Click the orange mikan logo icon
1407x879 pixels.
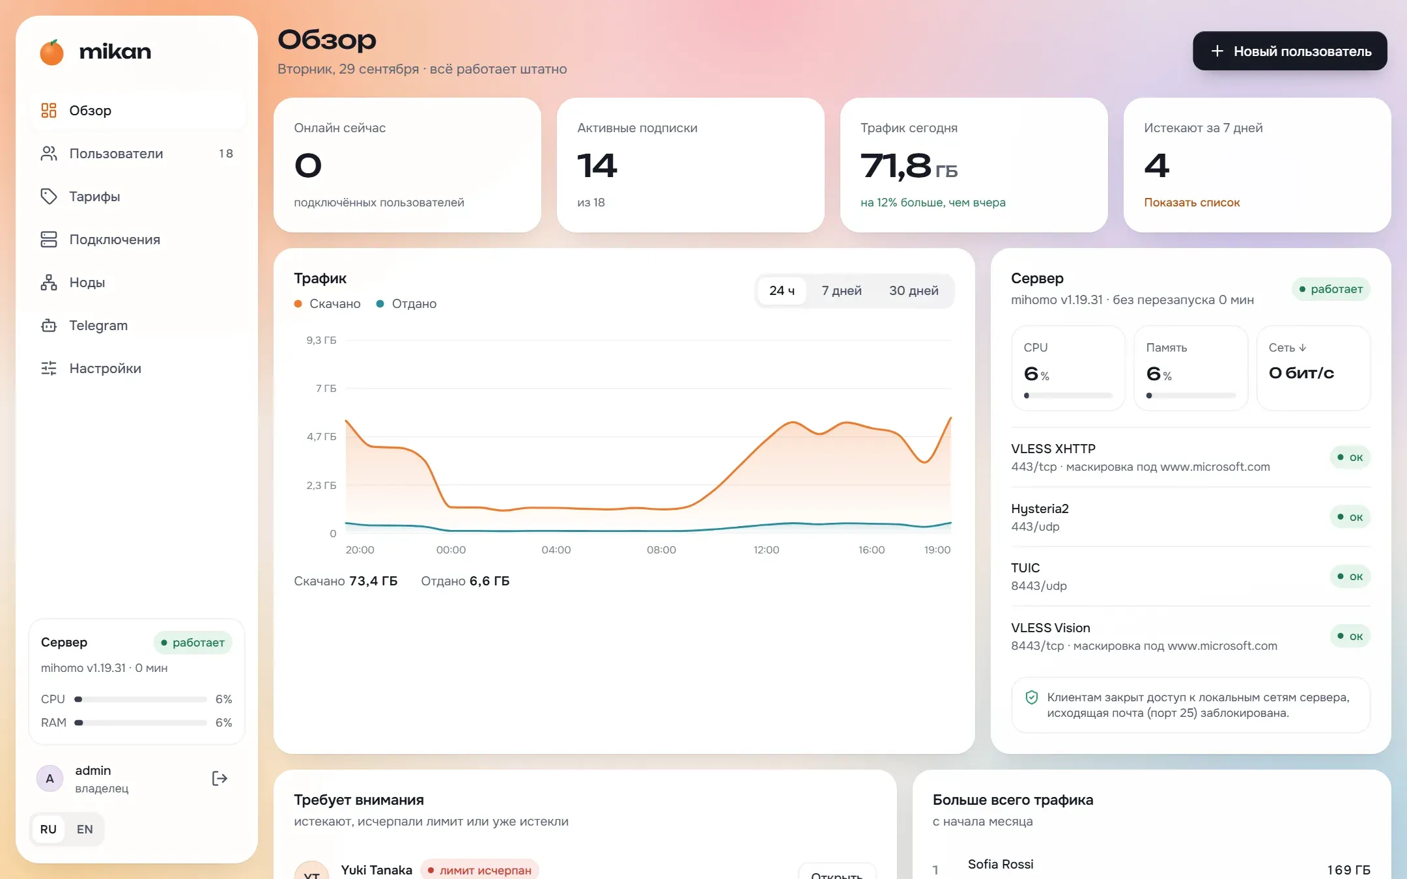(51, 52)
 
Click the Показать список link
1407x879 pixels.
(1191, 202)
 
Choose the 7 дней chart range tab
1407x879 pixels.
(841, 290)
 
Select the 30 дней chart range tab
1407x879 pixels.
(913, 290)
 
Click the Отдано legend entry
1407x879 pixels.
(406, 304)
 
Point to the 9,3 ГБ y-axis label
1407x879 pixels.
(321, 341)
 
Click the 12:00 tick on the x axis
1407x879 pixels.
(766, 550)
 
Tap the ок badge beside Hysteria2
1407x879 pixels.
(1350, 518)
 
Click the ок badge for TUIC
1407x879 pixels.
(1350, 577)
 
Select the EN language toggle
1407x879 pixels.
(85, 830)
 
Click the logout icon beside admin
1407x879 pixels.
(220, 779)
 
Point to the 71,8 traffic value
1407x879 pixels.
(896, 165)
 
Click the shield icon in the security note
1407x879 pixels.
(1032, 698)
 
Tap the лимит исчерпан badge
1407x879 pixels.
(479, 871)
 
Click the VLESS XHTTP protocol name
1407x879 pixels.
(1053, 449)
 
